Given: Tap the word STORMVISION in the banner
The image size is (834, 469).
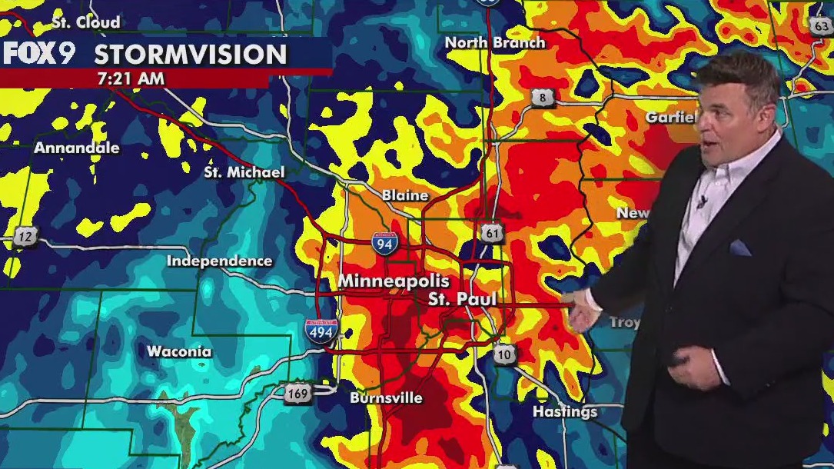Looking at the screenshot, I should click(190, 55).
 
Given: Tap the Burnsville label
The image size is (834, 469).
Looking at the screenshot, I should click(386, 397).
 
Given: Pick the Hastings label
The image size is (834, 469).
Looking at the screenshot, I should click(565, 412).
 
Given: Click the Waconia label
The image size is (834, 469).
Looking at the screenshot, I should click(179, 351).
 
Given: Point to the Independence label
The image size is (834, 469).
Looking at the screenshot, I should click(219, 261).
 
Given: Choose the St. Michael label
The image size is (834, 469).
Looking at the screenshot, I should click(244, 172).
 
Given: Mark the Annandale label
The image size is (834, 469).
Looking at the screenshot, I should click(76, 147).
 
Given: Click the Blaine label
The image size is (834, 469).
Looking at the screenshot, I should click(405, 195).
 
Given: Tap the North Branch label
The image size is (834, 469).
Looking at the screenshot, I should click(495, 42).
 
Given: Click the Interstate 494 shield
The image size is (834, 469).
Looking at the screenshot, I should click(321, 331).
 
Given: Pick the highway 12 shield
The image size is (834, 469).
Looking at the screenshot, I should click(25, 236).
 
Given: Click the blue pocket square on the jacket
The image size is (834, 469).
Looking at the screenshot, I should click(739, 248).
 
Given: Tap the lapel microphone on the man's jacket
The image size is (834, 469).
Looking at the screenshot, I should click(701, 203).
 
